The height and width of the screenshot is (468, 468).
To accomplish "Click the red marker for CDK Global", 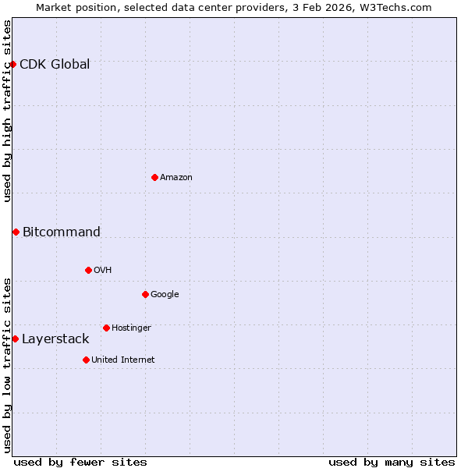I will click(x=13, y=64).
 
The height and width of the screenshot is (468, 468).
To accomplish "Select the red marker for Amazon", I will click(x=154, y=177).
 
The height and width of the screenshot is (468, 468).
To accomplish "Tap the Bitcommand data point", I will click(x=16, y=232).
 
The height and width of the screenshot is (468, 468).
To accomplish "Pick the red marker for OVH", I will click(x=88, y=270).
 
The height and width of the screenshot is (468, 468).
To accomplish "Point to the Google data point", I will click(x=145, y=294).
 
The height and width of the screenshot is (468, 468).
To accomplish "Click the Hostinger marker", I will click(x=106, y=328).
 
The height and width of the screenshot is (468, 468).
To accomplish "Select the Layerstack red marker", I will click(x=15, y=339).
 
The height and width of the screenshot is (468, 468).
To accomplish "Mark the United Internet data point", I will click(x=86, y=360).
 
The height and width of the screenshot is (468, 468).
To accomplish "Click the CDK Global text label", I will click(x=55, y=64).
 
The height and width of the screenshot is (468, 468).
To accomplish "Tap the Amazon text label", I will click(x=176, y=177).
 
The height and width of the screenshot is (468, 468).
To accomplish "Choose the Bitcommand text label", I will click(x=62, y=232).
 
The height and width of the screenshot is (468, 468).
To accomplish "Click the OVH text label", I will click(x=103, y=270).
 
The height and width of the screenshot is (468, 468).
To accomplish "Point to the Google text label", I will click(x=165, y=294).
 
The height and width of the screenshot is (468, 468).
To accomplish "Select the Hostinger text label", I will click(x=131, y=328).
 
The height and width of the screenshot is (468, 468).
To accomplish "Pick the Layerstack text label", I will click(x=55, y=339).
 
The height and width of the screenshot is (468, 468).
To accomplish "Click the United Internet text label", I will click(x=123, y=360).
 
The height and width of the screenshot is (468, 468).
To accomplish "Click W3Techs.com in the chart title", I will click(x=393, y=7).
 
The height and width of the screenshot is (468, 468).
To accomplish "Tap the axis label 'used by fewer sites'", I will click(x=80, y=462).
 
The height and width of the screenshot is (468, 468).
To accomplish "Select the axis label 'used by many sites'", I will click(x=392, y=462).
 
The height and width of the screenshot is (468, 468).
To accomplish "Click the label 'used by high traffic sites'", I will click(x=7, y=111).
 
